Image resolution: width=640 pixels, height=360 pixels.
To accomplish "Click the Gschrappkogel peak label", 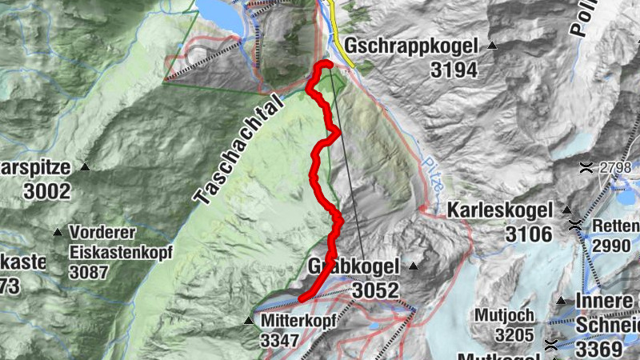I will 411,46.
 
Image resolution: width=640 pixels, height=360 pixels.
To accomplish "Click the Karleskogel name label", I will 500,211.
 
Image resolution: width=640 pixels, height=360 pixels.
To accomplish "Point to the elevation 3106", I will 529,234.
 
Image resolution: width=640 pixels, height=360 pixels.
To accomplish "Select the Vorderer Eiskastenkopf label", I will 120,242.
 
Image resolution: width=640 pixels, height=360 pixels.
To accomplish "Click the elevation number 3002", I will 47,191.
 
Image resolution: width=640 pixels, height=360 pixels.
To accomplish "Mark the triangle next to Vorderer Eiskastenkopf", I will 58,233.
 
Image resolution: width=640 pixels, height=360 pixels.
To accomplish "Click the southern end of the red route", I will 302,300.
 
